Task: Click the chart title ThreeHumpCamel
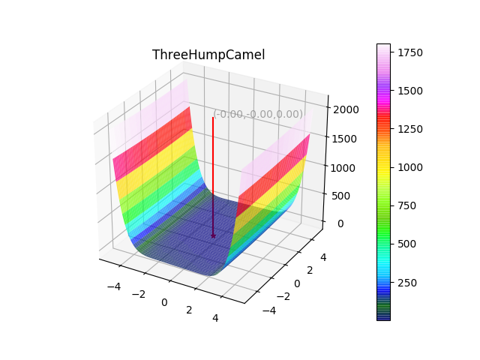point(208,55)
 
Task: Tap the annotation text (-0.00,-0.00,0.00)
point(259,114)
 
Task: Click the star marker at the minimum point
point(213,235)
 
